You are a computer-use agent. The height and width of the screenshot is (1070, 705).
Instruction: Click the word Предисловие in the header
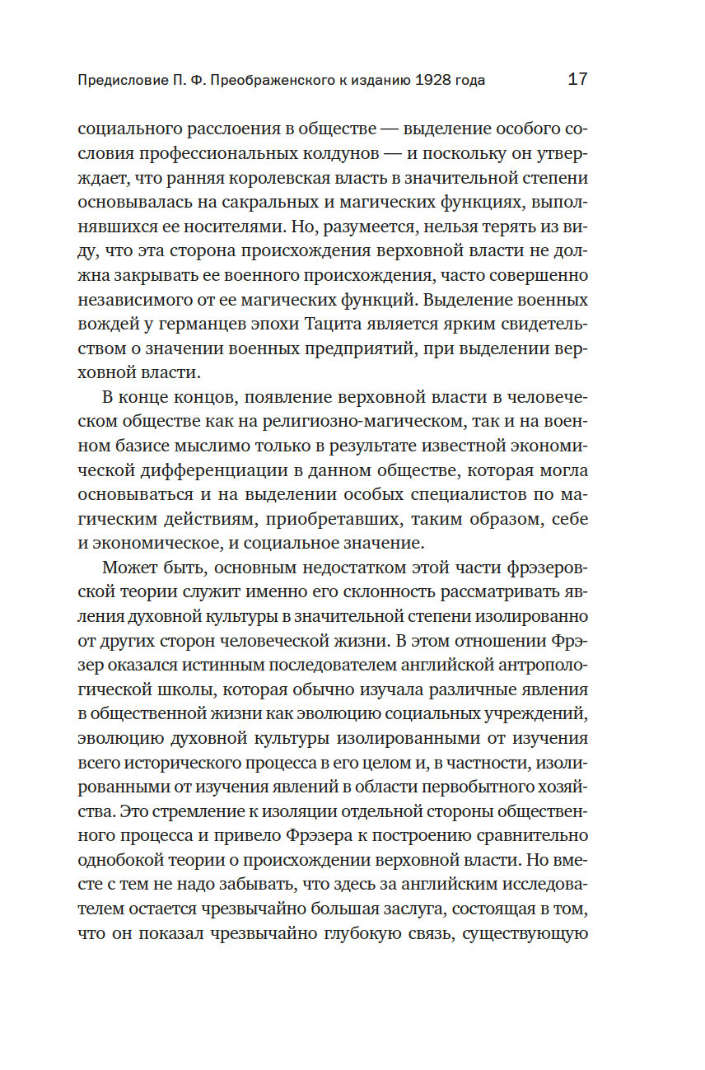(114, 81)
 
